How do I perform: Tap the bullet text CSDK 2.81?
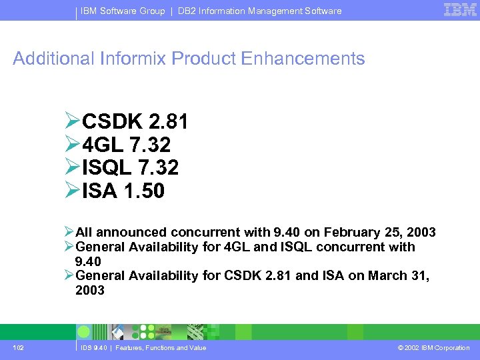(x=135, y=122)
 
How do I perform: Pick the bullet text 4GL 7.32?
(x=126, y=145)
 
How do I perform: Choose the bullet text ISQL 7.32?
(x=130, y=167)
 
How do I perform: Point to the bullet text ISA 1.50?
(x=123, y=191)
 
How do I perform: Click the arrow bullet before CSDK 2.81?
(x=73, y=122)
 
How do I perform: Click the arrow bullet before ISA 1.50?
(x=73, y=191)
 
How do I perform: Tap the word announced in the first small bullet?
(x=131, y=233)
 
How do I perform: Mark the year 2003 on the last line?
(x=90, y=290)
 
